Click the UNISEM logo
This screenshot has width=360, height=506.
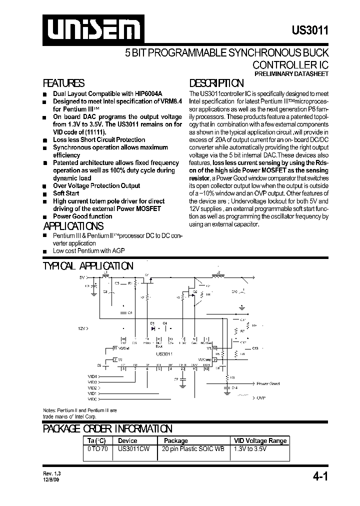pos(91,29)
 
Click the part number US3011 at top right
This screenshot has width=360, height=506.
pos(310,30)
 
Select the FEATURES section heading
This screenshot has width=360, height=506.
pos(63,83)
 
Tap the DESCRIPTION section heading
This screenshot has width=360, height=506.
pos(216,83)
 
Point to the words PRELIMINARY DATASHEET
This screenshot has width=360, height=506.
pos(291,73)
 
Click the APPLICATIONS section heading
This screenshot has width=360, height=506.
pos(73,226)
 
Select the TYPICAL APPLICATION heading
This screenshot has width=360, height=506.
pos(88,266)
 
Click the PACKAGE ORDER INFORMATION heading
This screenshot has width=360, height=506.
pos(107,428)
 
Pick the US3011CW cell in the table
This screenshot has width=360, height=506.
pos(134,448)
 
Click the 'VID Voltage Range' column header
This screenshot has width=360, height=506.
pos(260,440)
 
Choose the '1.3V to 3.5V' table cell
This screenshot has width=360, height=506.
pos(250,448)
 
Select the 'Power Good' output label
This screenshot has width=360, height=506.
pos(268,384)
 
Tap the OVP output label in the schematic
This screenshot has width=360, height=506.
pos(261,398)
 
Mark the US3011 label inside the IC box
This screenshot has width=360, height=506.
pos(164,353)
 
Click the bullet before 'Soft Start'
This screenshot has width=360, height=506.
pos(45,193)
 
